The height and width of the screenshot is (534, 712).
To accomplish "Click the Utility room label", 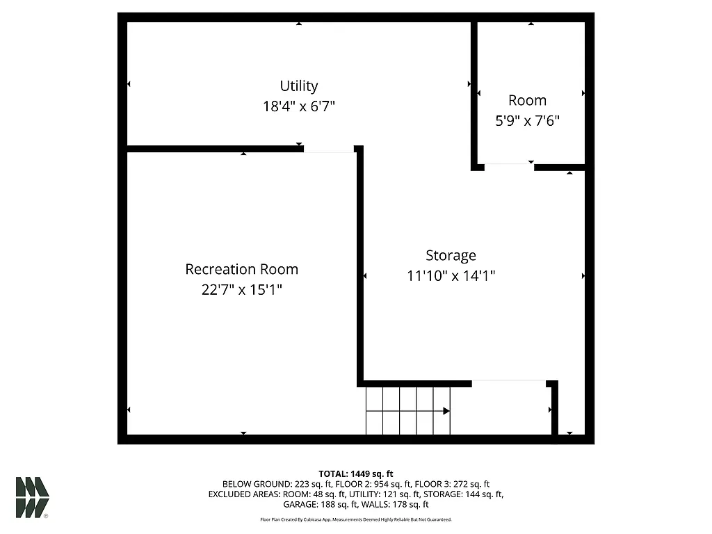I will pyautogui.click(x=299, y=86).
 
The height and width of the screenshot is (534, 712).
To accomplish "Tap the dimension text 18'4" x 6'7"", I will pyautogui.click(x=299, y=106).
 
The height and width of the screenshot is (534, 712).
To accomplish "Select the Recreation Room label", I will pyautogui.click(x=241, y=269).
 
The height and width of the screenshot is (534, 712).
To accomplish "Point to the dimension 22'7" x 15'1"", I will pyautogui.click(x=241, y=289).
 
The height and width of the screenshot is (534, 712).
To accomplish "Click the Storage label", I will pyautogui.click(x=451, y=255).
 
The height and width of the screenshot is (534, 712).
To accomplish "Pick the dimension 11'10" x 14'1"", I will pyautogui.click(x=451, y=275).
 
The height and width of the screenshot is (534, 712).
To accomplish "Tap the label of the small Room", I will pyautogui.click(x=527, y=100).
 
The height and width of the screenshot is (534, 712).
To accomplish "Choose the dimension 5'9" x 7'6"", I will pyautogui.click(x=527, y=120).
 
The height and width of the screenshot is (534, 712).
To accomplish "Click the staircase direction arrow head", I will pyautogui.click(x=446, y=411).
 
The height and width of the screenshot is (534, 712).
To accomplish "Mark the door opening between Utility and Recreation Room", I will pyautogui.click(x=329, y=149).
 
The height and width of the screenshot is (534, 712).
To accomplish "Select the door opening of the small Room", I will pyautogui.click(x=509, y=165).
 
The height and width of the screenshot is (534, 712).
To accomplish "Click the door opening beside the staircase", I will pyautogui.click(x=509, y=382).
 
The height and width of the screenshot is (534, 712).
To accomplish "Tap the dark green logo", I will pyautogui.click(x=32, y=497).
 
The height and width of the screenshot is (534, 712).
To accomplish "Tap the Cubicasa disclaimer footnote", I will pyautogui.click(x=356, y=519).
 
